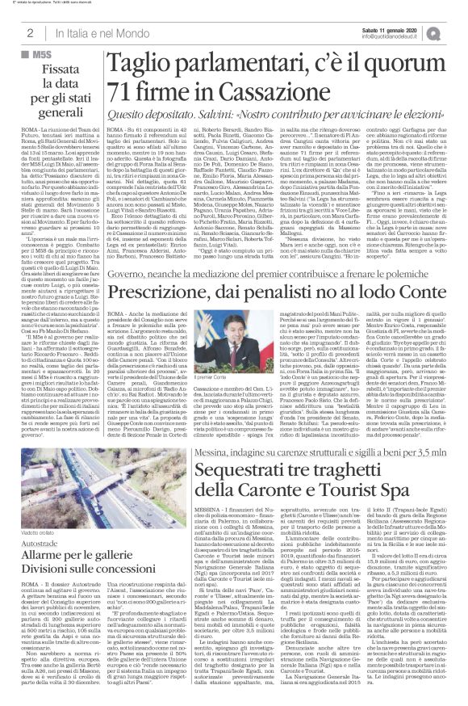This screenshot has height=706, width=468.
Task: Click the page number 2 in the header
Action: (29, 32)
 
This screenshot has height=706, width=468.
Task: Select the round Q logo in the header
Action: (455, 32)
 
